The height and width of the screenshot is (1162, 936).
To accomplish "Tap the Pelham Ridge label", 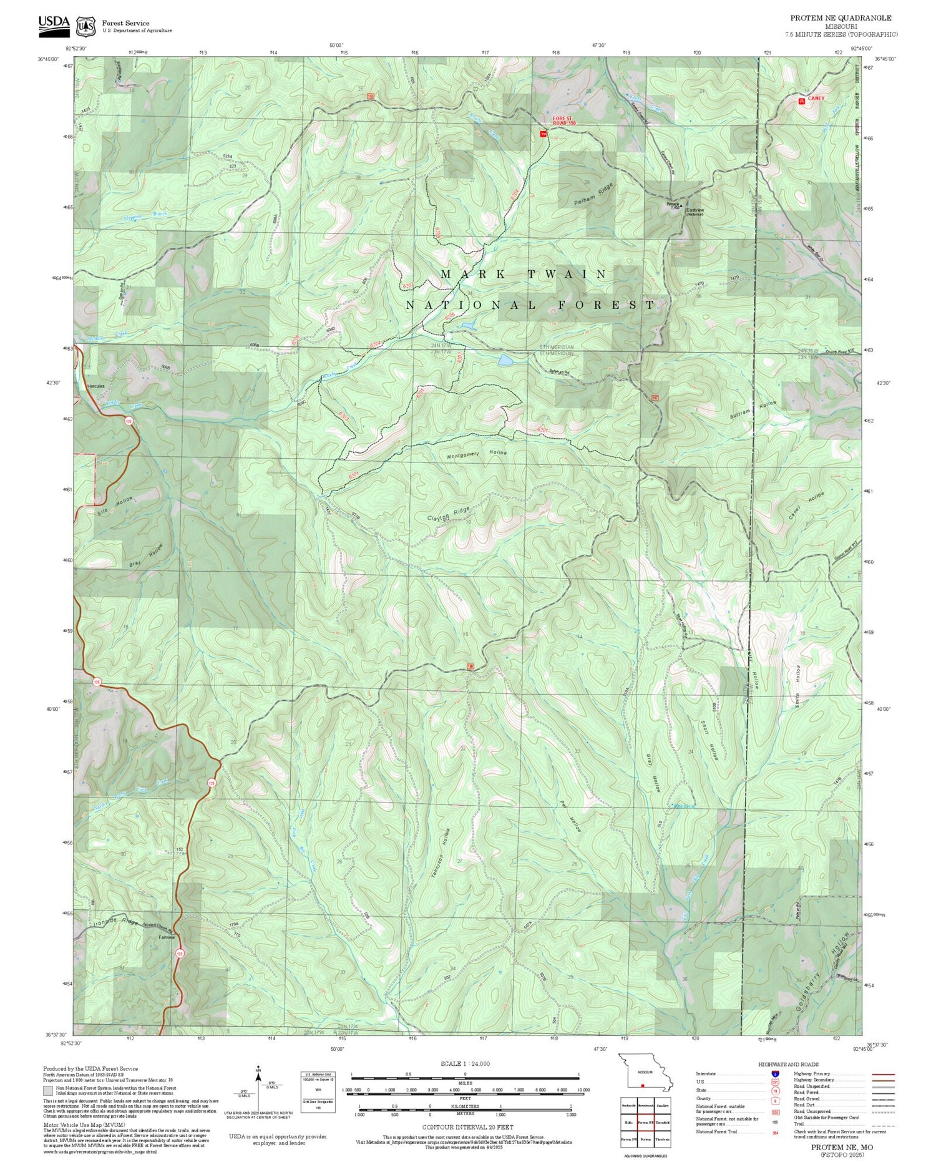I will coord(594,195).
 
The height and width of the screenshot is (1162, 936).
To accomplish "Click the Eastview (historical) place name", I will coord(695,212).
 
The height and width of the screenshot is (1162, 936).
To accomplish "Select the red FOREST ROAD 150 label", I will coord(562,120).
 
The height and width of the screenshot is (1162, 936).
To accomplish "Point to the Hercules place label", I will coord(96,386).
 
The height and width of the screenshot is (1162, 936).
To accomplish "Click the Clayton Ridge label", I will coord(448,514).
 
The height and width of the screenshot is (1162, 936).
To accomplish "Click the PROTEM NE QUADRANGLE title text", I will coord(841,18).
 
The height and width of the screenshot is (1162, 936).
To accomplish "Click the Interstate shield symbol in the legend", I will coord(775,1073).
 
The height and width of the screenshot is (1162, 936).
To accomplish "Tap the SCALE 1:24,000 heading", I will coord(465,1063).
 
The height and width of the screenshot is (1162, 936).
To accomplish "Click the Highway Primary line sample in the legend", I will coord(881,1075).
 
